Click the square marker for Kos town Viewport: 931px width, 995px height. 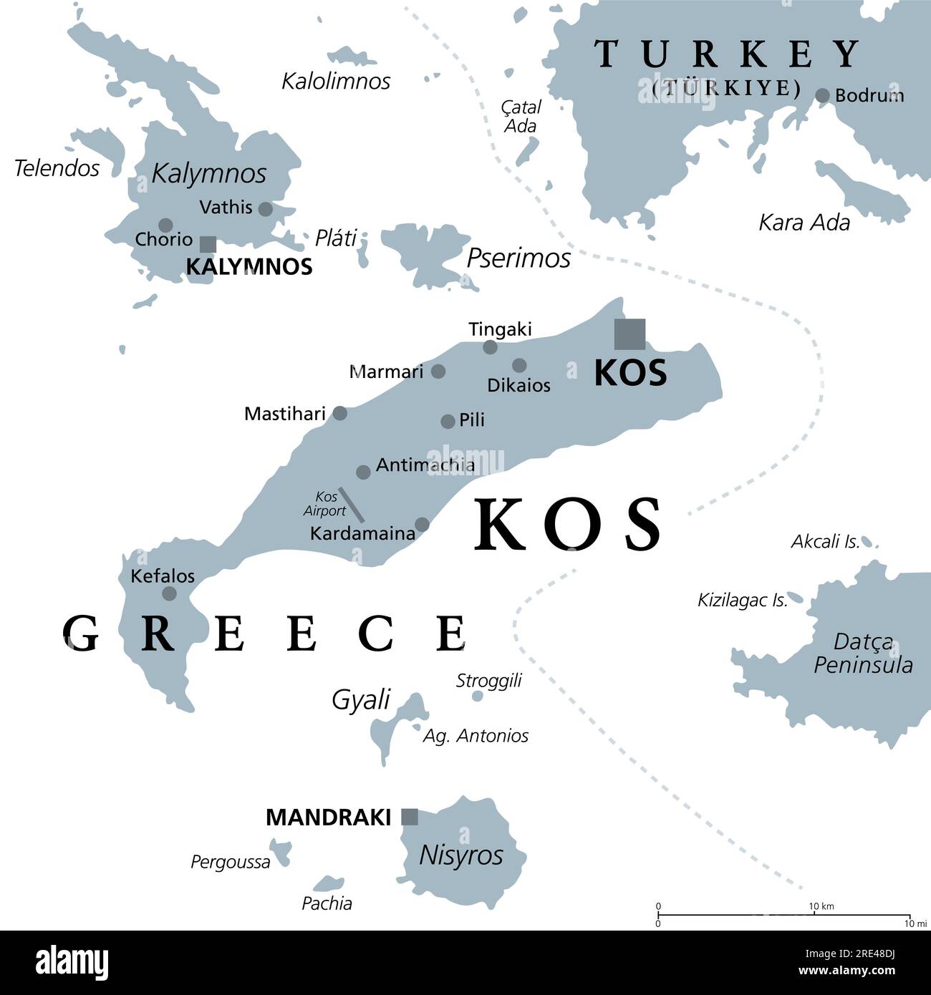point(629,334)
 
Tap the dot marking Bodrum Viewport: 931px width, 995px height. point(823,95)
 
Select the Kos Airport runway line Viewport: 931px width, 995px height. point(351,505)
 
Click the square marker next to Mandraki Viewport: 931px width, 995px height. point(410,817)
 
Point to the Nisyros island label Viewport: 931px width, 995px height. point(461,855)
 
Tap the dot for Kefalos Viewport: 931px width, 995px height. point(170,593)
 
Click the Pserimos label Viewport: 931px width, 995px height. point(518,258)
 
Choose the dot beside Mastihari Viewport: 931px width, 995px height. point(340,413)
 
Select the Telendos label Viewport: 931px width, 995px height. point(57,168)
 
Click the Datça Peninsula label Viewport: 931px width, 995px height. point(863,654)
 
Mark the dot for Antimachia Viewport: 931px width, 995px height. point(363,472)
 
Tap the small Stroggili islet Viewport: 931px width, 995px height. point(478,696)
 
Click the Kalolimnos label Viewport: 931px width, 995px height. point(336,81)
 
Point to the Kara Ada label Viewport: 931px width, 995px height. point(804,223)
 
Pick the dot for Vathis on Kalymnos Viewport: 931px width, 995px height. point(265,209)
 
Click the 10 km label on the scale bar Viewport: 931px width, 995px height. point(821,906)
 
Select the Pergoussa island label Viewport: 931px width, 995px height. point(231,862)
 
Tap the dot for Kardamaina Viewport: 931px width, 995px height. point(423,525)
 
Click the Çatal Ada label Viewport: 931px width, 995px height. point(521,117)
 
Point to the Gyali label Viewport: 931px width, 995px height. point(361,699)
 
